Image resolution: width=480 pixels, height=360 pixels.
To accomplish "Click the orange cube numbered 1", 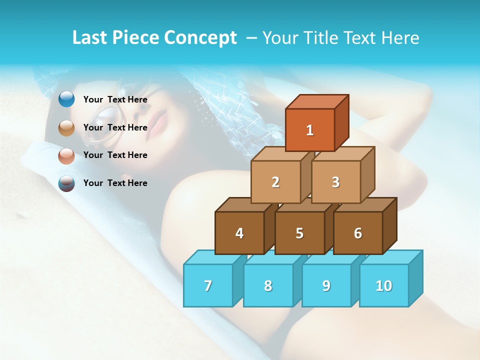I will click(x=309, y=130).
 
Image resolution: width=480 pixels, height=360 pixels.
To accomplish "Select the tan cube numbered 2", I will click(x=275, y=182).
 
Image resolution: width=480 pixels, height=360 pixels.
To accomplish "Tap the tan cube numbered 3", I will click(x=335, y=182).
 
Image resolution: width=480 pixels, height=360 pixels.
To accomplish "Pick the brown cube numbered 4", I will click(x=239, y=233).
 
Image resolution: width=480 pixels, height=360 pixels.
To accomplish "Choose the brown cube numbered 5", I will click(x=299, y=233).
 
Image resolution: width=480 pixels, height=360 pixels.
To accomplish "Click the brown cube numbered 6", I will click(x=358, y=233).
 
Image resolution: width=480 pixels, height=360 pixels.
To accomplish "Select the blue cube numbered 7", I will click(x=208, y=285).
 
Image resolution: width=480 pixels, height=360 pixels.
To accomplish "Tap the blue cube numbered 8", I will click(x=268, y=285).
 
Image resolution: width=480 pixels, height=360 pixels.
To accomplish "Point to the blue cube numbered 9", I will click(x=326, y=285).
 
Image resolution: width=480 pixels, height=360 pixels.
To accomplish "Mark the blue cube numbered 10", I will click(x=384, y=285).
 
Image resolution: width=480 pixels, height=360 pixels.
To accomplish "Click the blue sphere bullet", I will click(x=66, y=99).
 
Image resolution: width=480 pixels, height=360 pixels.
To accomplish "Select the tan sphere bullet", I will click(x=66, y=128).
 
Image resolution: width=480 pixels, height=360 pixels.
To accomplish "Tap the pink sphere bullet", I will click(x=66, y=155).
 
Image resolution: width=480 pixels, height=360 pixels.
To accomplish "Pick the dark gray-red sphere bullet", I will click(x=66, y=183).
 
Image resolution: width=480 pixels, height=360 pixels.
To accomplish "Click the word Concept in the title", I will click(x=200, y=38).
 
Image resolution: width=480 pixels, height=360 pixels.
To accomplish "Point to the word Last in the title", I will click(x=90, y=38).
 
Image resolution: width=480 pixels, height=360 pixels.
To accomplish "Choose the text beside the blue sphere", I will click(x=115, y=99).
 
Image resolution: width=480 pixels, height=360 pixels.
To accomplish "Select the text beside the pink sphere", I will click(x=115, y=155).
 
